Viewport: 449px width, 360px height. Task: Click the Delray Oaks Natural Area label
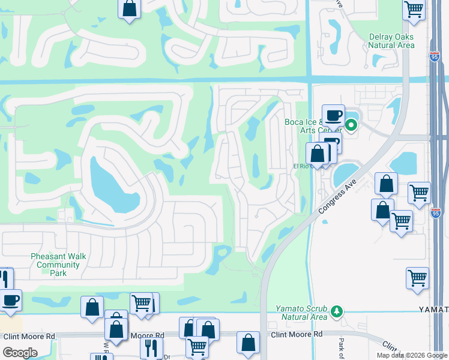point(391,41)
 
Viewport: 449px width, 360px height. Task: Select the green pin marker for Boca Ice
point(351,125)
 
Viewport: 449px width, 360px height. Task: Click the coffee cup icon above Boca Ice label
point(333,115)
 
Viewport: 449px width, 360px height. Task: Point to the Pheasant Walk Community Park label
point(58,265)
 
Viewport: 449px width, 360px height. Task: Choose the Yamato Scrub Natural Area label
point(302,313)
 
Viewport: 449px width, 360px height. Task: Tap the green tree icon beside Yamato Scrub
point(337,311)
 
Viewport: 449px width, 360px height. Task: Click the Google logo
point(20,353)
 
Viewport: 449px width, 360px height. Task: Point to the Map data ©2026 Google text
point(411,355)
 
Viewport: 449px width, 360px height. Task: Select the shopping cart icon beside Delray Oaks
point(414,10)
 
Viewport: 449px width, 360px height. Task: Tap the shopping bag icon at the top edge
point(129,9)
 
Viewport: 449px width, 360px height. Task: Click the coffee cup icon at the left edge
point(10,300)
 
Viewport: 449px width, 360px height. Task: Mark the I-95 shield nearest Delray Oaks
point(435,56)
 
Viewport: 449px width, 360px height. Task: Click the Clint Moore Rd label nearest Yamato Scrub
point(297,334)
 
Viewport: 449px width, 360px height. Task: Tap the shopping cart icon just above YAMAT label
point(417,278)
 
